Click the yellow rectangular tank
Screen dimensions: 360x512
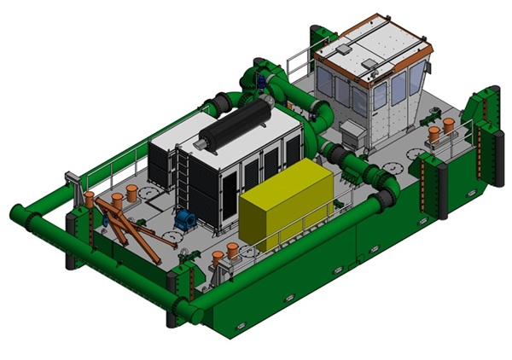point(286,205)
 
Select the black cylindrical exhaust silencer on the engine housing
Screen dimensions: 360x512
point(233,122)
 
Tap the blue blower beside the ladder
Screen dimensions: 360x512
point(185,220)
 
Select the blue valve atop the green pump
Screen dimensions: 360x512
point(259,81)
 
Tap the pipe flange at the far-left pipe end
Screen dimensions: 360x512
point(17,212)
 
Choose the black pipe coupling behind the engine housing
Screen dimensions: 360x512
point(221,102)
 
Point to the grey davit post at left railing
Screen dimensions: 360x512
point(73,183)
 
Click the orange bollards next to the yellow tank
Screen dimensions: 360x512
point(224,253)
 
